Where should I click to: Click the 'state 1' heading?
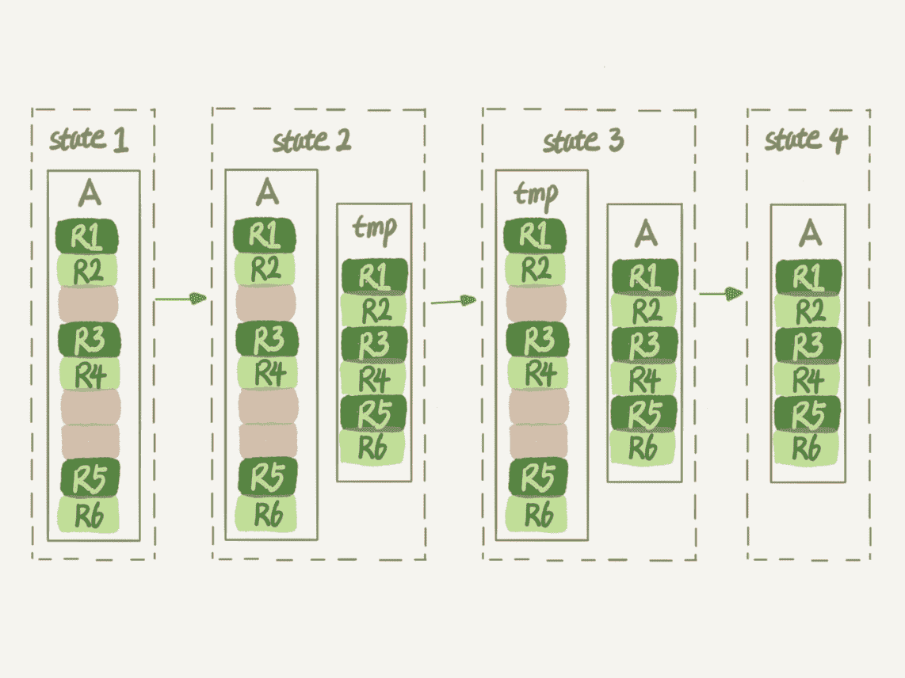tap(89, 140)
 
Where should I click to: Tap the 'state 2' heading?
tap(311, 141)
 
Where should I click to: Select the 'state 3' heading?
tap(582, 141)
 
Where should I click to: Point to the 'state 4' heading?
tap(805, 139)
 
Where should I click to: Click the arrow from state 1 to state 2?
tap(180, 299)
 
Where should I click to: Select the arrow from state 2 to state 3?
tap(453, 301)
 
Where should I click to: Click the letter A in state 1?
tap(91, 192)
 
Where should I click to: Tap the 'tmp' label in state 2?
tap(373, 227)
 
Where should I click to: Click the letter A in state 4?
tap(808, 231)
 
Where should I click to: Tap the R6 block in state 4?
tap(807, 448)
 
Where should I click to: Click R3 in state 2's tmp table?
tap(374, 344)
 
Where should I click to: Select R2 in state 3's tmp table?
tap(537, 270)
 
